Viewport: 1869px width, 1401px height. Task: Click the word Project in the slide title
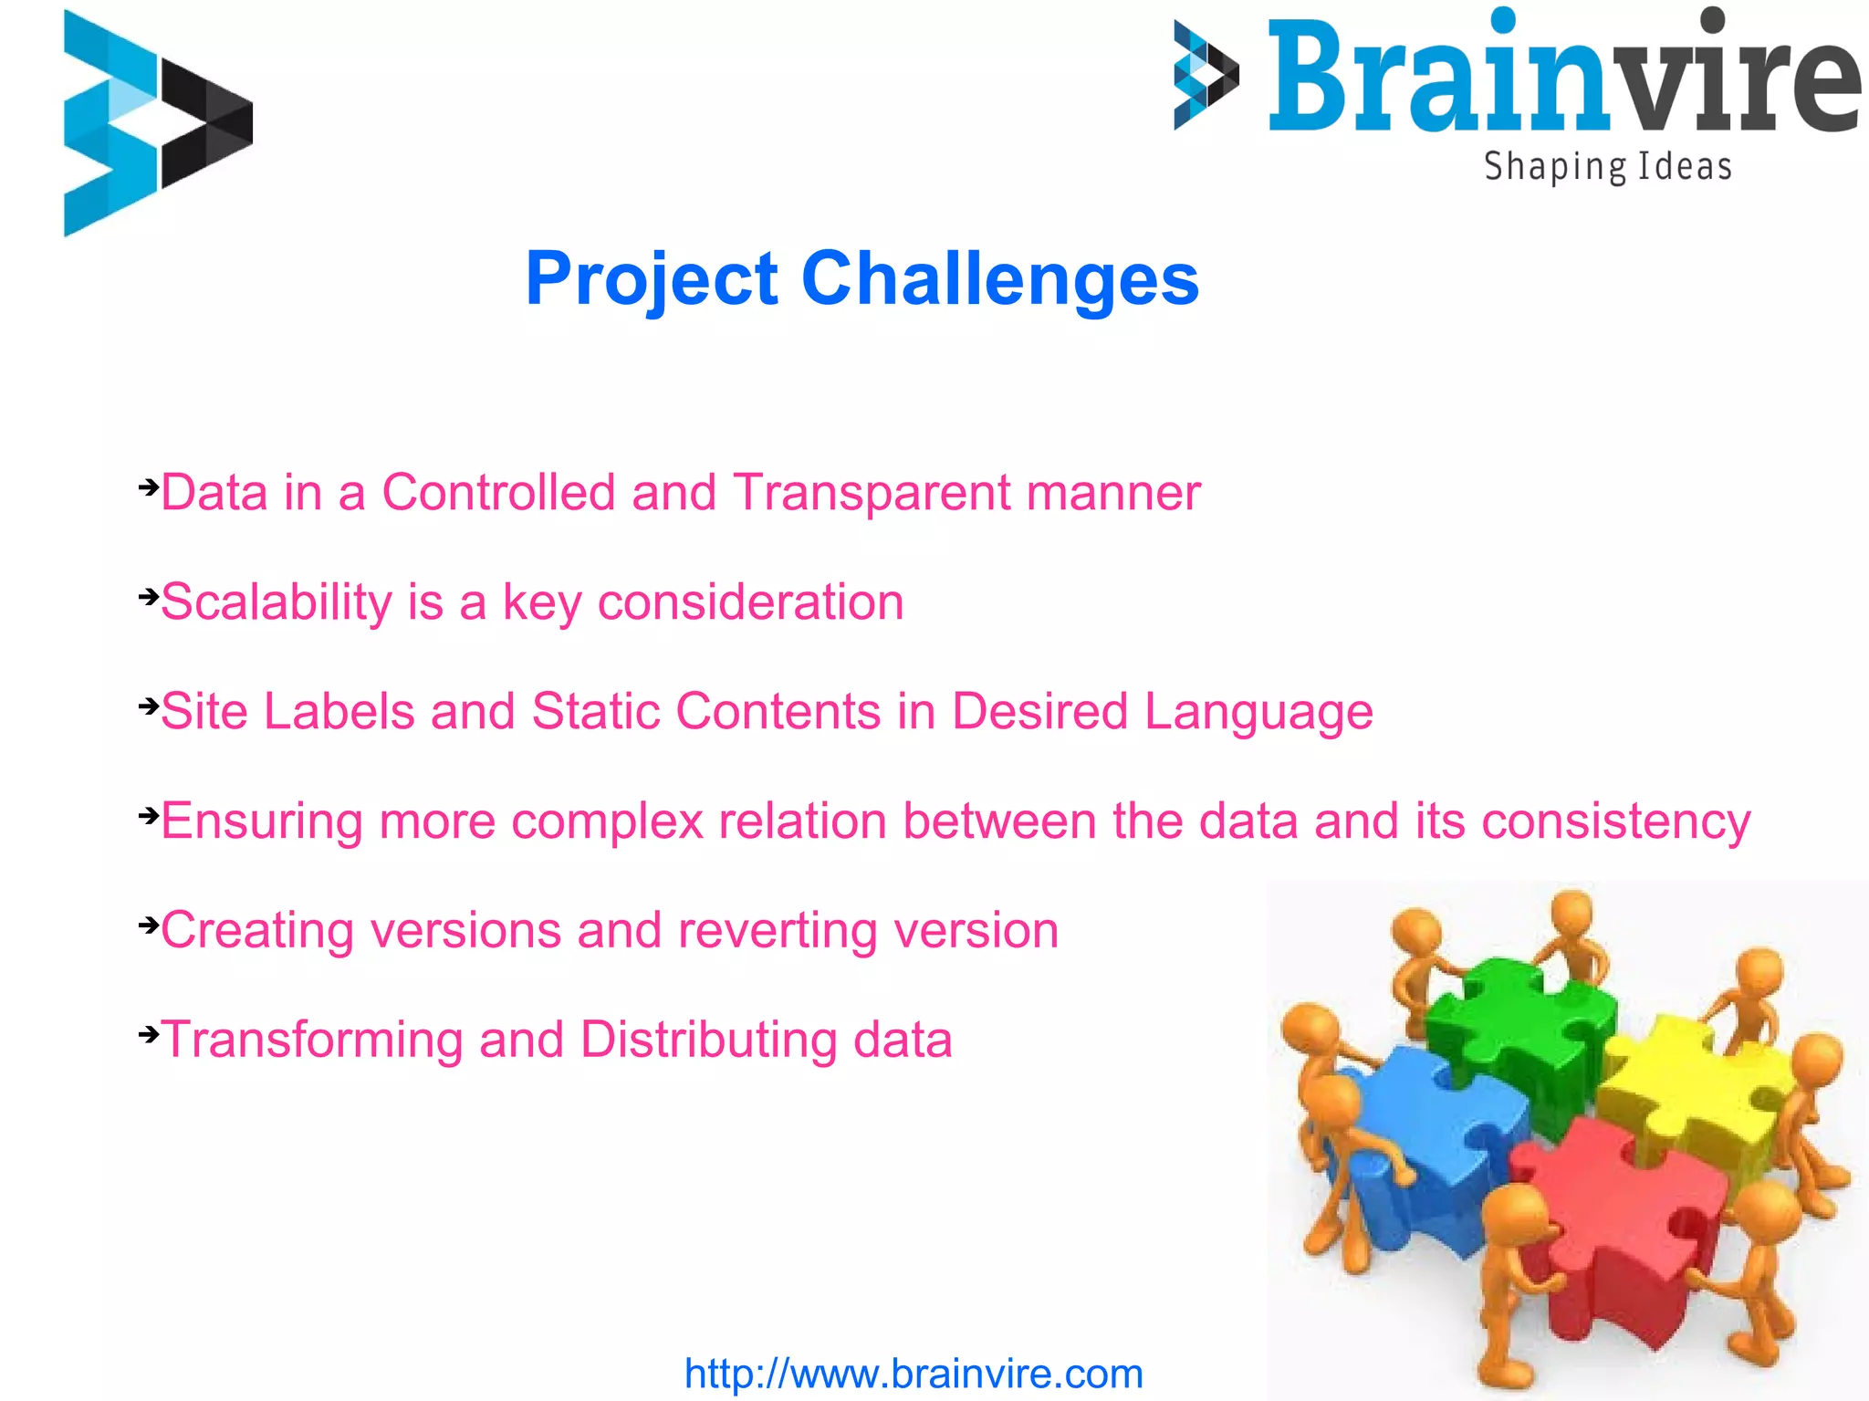(x=652, y=278)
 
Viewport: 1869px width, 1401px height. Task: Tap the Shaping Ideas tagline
(x=1607, y=167)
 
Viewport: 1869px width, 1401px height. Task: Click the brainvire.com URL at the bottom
(x=914, y=1374)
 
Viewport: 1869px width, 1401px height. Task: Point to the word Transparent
(x=872, y=493)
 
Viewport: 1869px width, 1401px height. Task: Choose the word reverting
(x=778, y=931)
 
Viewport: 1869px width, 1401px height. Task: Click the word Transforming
(x=312, y=1040)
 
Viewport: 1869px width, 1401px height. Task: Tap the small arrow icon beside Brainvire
(x=1205, y=75)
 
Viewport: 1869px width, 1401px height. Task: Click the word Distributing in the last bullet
(x=707, y=1040)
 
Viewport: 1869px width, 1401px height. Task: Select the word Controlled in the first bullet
(x=498, y=493)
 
